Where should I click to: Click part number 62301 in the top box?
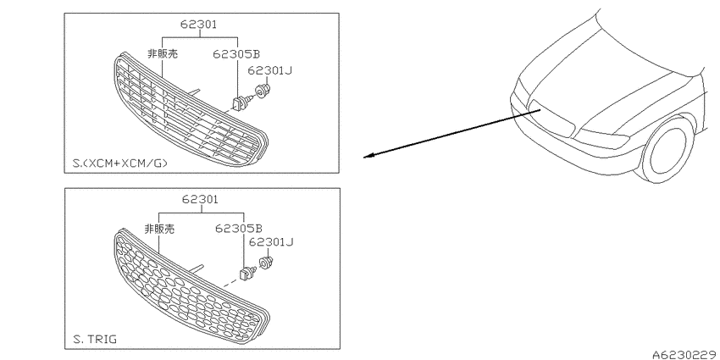(198, 24)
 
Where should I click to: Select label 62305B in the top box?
(236, 54)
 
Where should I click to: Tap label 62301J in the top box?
(270, 70)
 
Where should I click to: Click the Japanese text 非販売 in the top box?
(162, 53)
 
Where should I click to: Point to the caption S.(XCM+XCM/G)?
(119, 163)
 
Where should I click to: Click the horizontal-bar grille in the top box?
(190, 110)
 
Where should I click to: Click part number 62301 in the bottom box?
(200, 199)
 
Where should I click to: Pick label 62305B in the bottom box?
(239, 228)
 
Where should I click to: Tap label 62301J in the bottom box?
(271, 242)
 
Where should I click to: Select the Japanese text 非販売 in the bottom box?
(159, 229)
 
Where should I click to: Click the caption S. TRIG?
(95, 340)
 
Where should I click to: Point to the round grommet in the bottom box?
(266, 263)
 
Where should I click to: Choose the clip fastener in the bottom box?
(247, 274)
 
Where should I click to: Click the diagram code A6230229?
(686, 354)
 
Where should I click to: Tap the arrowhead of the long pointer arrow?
(368, 156)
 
